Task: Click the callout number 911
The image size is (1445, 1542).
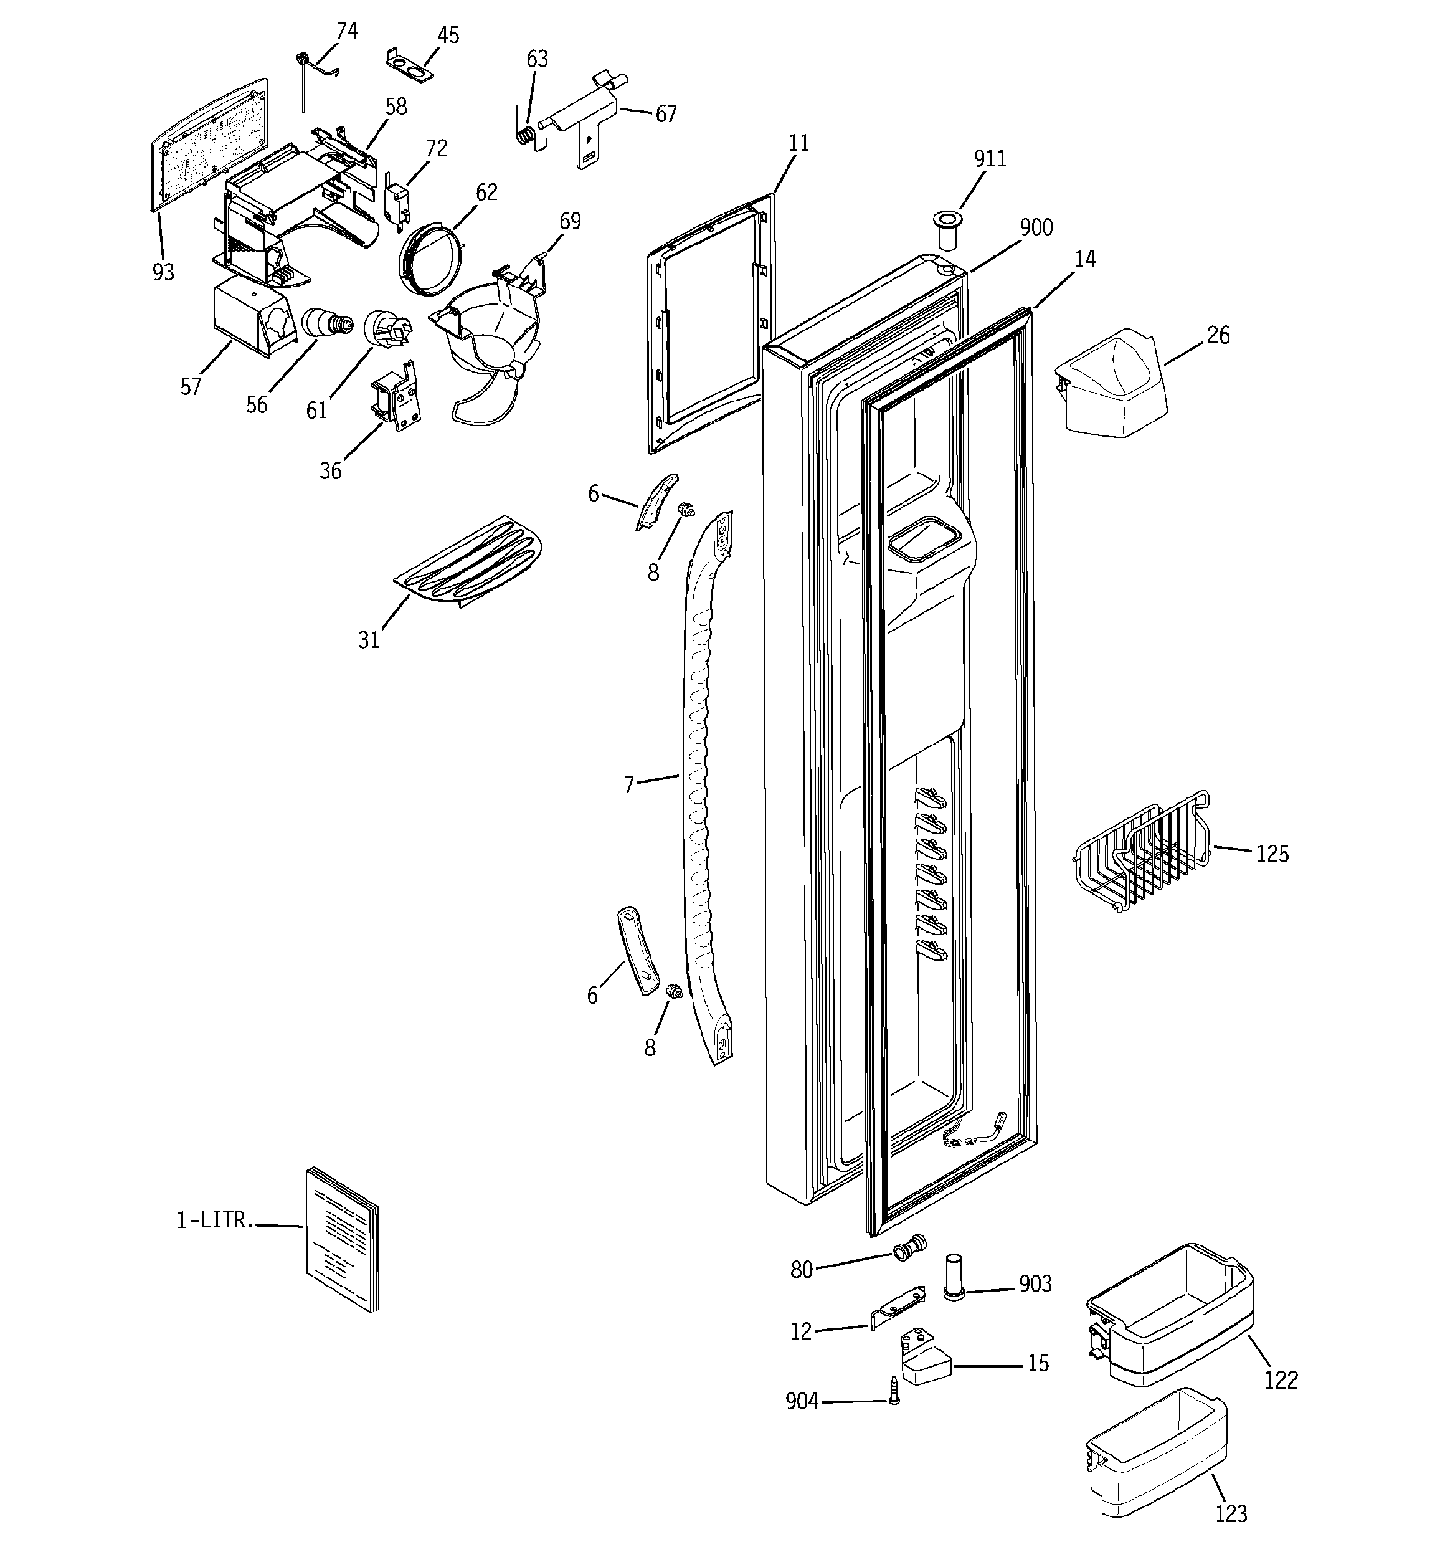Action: coord(990,158)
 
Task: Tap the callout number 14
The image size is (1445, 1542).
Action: coord(1084,259)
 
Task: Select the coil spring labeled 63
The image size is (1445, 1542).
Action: coord(525,134)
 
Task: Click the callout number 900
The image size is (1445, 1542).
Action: coord(1035,227)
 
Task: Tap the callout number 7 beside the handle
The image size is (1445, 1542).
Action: coord(629,784)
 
